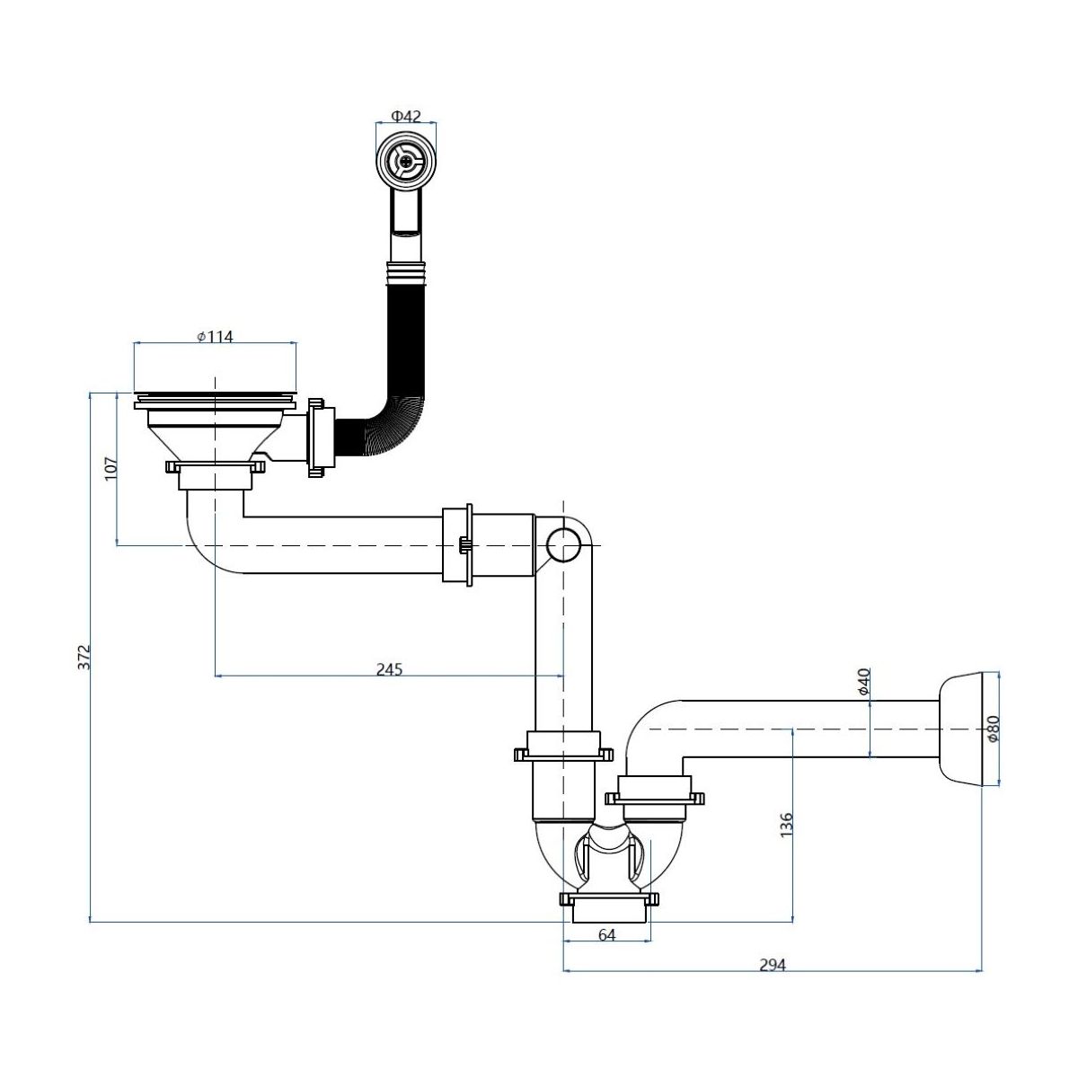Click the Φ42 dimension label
tap(405, 116)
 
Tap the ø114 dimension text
tap(215, 337)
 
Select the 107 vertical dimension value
tap(112, 467)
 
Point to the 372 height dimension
tap(84, 657)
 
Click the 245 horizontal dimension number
tap(389, 668)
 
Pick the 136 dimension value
tap(786, 826)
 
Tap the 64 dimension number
tap(607, 935)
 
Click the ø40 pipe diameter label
tap(864, 681)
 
